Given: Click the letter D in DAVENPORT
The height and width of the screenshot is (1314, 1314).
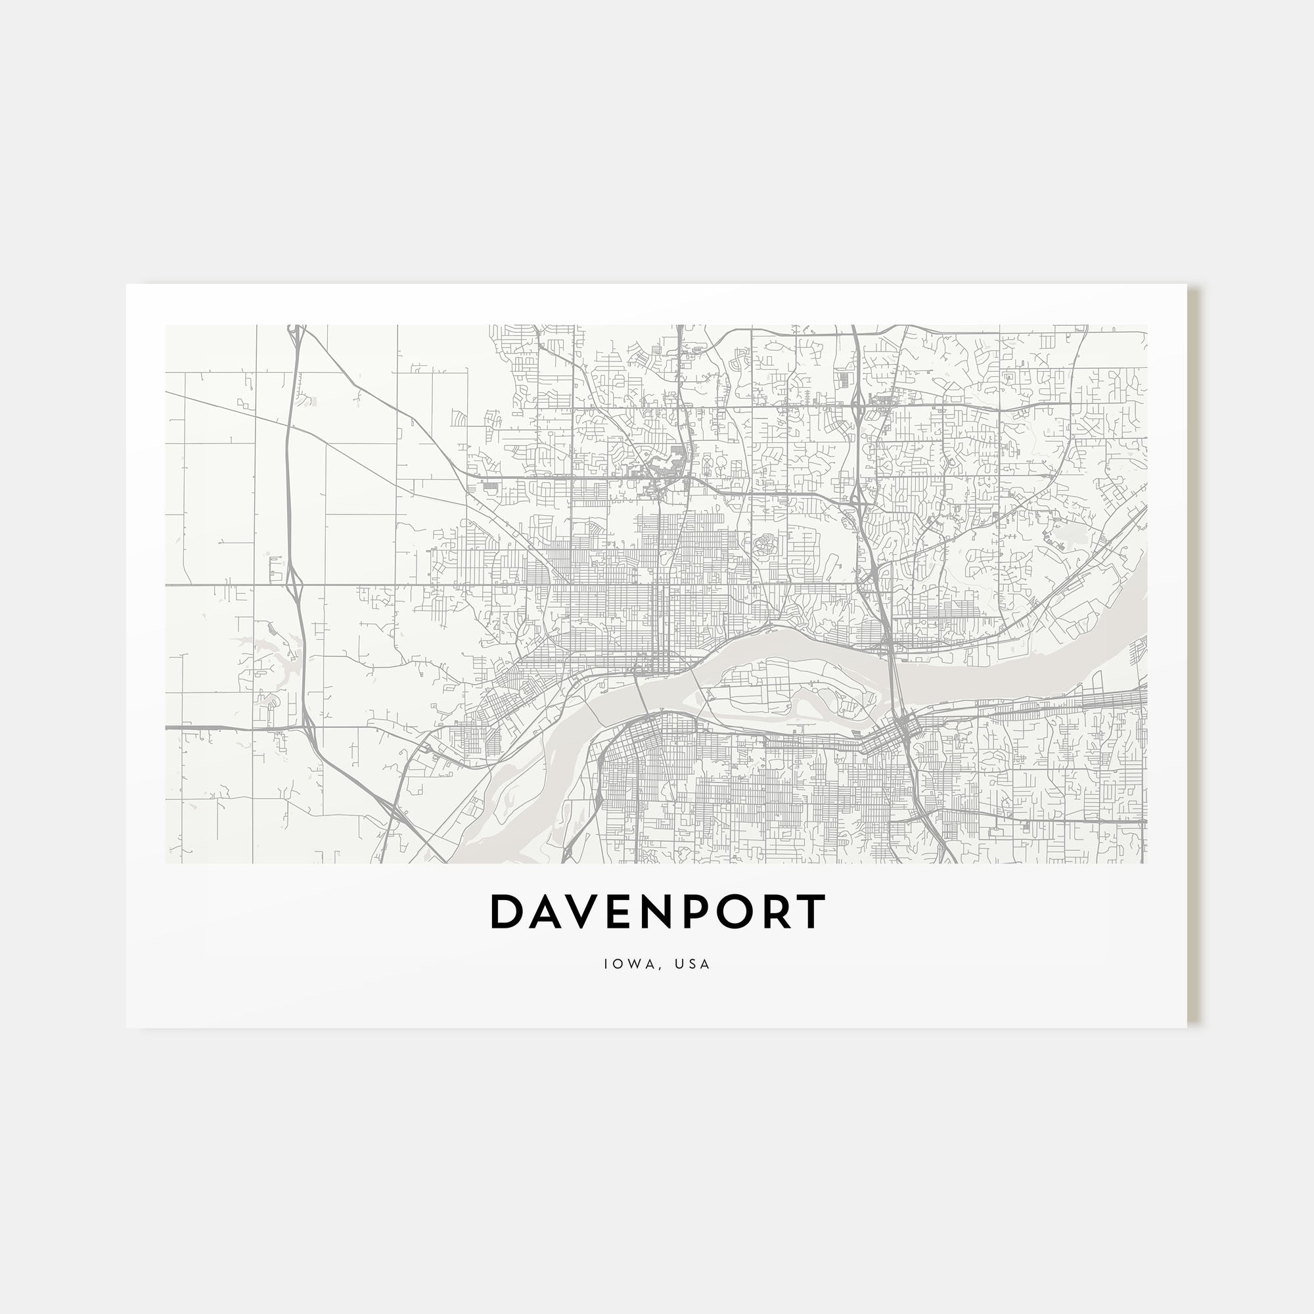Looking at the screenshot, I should coord(504,912).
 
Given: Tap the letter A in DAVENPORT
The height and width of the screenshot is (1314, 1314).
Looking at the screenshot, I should coord(544,912).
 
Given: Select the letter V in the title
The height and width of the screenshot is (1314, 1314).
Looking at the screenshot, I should coord(584,912).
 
